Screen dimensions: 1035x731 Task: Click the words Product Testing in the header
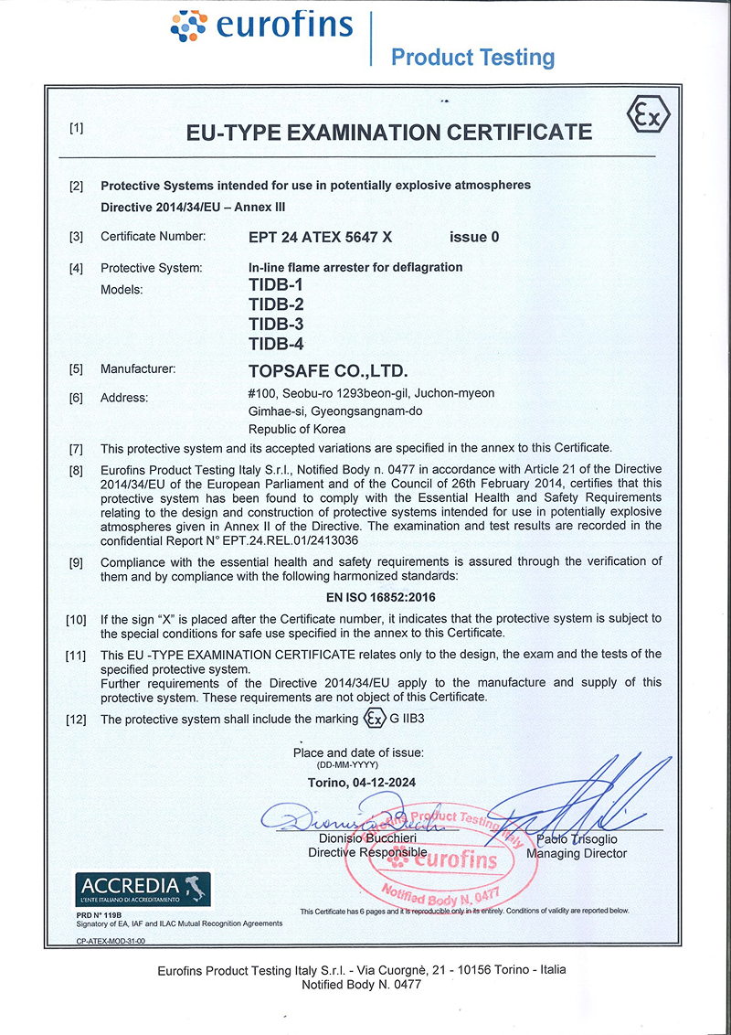tap(472, 58)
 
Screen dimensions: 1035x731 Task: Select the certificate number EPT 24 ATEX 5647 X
tap(320, 237)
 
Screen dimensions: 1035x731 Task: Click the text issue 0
tap(474, 237)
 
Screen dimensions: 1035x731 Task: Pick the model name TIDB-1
tap(276, 286)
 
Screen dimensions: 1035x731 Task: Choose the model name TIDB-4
tap(276, 344)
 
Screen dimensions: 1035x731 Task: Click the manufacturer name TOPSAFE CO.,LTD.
tap(327, 371)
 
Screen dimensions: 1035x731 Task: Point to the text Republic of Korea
tap(298, 429)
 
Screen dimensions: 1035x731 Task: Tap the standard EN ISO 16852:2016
tap(380, 598)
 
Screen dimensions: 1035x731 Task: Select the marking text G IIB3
tap(408, 719)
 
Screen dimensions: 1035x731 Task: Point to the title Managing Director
tap(577, 853)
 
